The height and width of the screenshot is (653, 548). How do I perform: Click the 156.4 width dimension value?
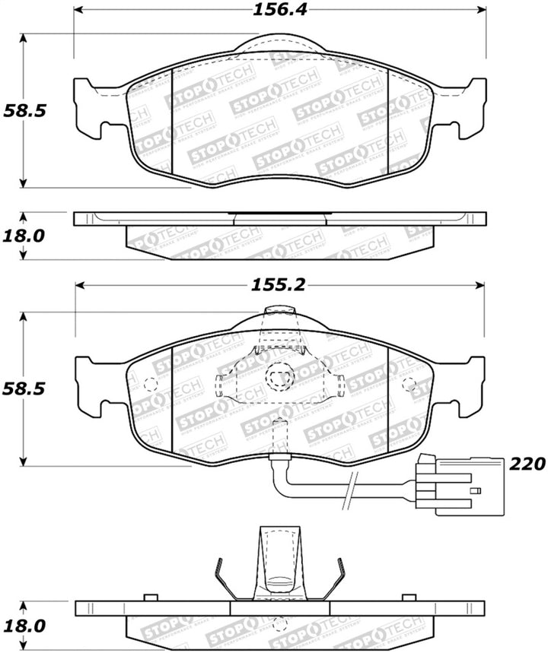click(x=279, y=10)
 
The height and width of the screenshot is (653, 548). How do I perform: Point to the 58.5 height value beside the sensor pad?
click(x=24, y=388)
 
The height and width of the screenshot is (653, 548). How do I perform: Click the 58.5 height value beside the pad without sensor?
click(x=24, y=110)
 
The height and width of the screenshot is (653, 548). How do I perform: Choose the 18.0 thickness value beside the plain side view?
click(x=24, y=235)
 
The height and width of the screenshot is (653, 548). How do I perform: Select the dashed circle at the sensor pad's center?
click(x=279, y=375)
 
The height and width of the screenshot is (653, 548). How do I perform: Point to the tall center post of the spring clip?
click(x=279, y=559)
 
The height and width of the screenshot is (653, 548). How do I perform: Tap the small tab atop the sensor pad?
click(x=279, y=312)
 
